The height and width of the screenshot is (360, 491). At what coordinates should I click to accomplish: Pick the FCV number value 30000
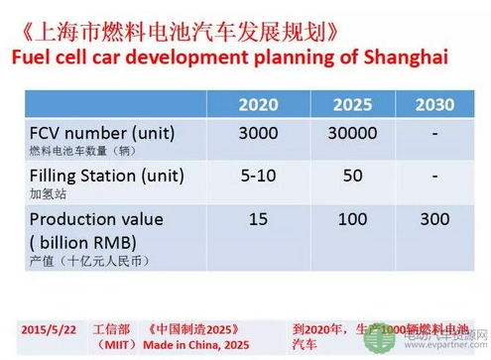352,135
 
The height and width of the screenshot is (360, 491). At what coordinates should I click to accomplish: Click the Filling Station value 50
352,177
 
